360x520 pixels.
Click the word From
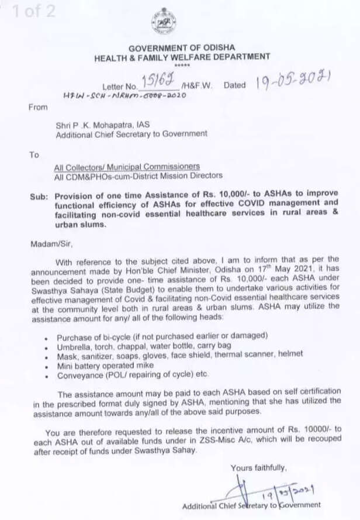[37, 108]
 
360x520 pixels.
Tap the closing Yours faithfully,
[258, 467]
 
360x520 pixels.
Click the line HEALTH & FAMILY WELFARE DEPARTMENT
[182, 57]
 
